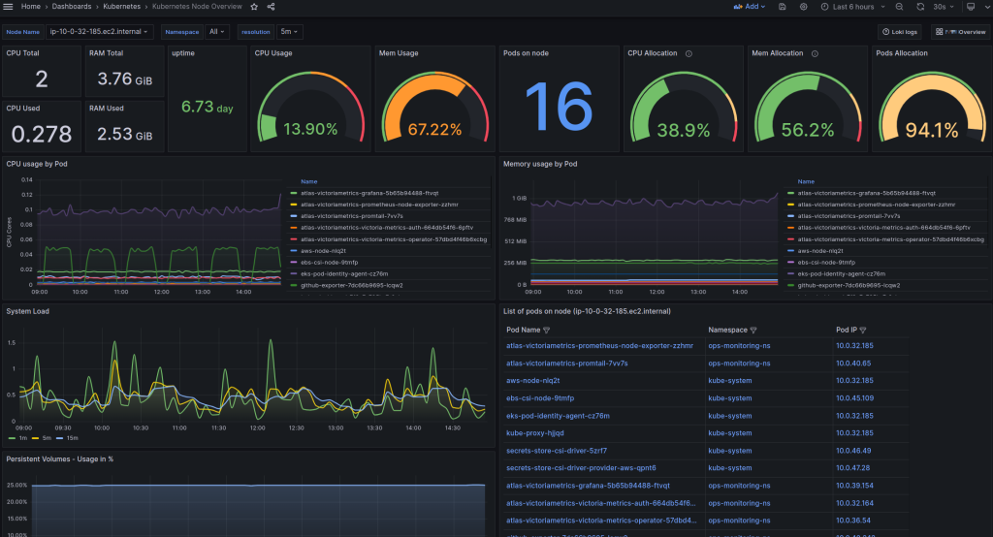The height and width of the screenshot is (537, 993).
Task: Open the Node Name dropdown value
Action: click(100, 32)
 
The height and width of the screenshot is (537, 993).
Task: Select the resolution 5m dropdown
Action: click(290, 32)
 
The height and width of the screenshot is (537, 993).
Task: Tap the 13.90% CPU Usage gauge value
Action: click(311, 129)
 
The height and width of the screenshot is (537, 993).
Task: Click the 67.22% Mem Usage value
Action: click(434, 129)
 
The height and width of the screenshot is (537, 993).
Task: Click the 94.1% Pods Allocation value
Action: click(931, 130)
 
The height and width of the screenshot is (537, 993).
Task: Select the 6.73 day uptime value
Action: click(207, 108)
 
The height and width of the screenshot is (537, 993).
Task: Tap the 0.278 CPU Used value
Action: click(40, 134)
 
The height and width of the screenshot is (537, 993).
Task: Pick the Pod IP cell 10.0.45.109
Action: click(854, 398)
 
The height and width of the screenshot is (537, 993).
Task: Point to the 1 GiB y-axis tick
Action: click(519, 198)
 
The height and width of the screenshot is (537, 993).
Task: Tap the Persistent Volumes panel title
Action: click(59, 458)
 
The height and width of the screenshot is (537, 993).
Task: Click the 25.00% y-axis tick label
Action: click(16, 484)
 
